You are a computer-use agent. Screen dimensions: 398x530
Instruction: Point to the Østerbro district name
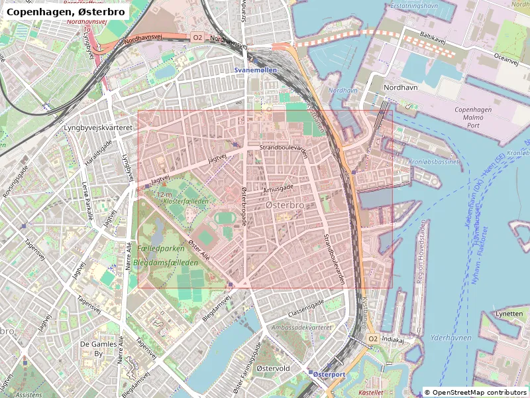pos(284,206)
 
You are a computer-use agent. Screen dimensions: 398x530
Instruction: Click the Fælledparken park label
pos(162,247)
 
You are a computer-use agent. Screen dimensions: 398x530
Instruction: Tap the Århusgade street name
pos(278,188)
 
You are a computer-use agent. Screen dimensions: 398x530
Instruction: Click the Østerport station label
pos(329,374)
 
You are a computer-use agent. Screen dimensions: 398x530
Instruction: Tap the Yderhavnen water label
pos(450,338)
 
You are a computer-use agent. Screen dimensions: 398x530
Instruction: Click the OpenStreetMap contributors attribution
pos(476,392)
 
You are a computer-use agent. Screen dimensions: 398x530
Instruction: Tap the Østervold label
pos(274,367)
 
